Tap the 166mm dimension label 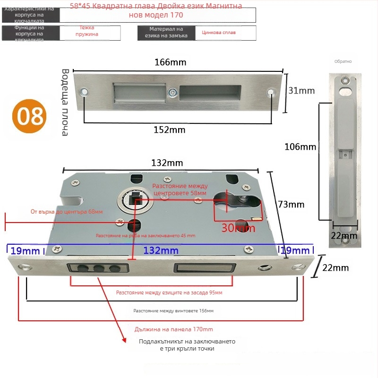(x=171, y=62)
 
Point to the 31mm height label (x=301, y=91)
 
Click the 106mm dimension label (x=300, y=147)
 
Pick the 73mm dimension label (x=291, y=205)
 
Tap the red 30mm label (x=239, y=228)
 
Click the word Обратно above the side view (x=343, y=61)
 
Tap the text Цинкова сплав (x=219, y=33)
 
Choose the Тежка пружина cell (x=89, y=31)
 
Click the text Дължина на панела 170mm (x=174, y=329)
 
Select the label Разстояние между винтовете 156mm (x=173, y=311)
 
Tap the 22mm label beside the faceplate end (x=335, y=268)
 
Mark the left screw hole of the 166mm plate (x=85, y=92)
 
